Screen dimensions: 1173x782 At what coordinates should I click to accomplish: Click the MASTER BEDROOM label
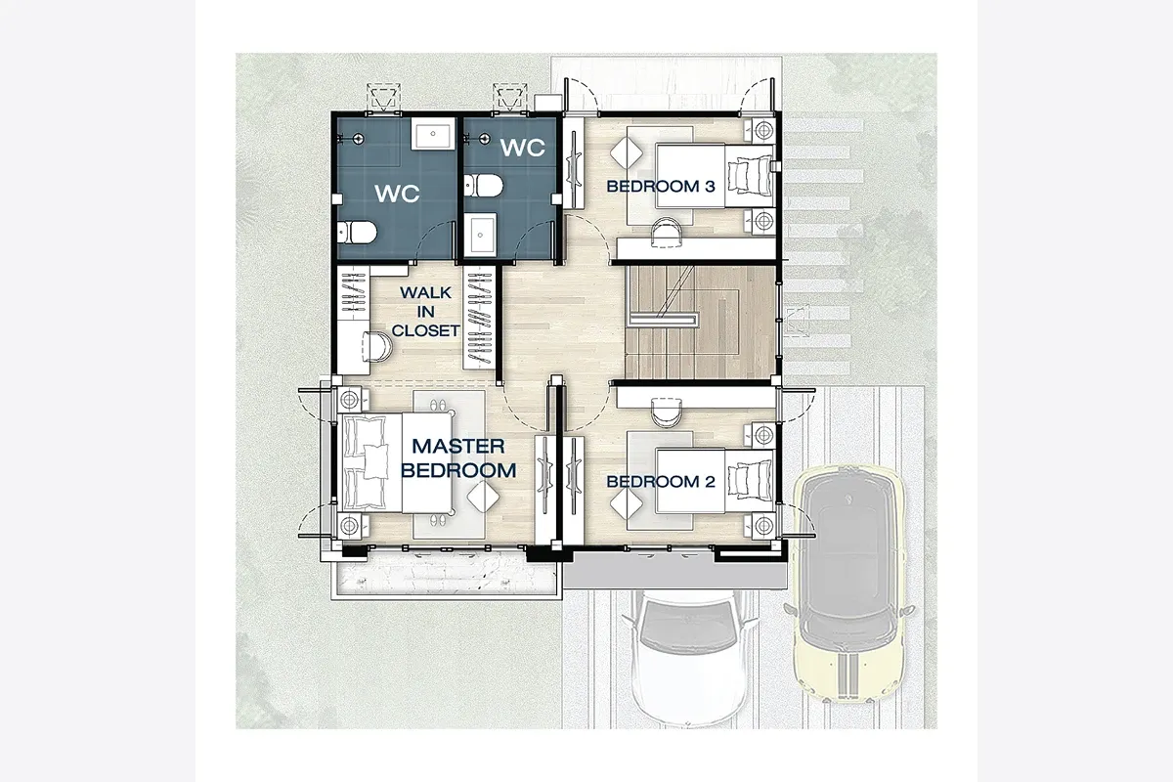pos(458,458)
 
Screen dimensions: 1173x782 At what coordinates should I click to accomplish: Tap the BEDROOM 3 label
pos(661,187)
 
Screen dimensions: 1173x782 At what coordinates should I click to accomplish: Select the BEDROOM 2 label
pos(661,482)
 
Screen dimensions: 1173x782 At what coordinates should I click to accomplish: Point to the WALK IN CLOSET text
pos(426,312)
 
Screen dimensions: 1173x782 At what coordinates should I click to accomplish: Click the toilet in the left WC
pos(357,233)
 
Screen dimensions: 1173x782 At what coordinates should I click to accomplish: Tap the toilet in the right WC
pos(483,186)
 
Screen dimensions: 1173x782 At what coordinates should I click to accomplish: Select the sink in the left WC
pos(433,134)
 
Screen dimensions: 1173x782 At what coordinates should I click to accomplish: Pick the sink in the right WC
pos(480,235)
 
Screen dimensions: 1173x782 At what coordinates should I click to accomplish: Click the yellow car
pos(848,583)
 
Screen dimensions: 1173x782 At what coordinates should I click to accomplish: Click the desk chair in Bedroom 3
pos(667,233)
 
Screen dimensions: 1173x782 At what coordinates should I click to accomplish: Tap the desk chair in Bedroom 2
pos(667,413)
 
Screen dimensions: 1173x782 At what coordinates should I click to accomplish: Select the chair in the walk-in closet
pos(377,347)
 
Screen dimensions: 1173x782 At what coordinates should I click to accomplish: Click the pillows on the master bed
pos(366,462)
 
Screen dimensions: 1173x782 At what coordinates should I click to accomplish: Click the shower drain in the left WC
pos(358,139)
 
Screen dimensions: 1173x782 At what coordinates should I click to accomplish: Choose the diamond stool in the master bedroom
pos(483,498)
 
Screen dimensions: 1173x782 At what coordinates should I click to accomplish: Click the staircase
pos(700,323)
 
